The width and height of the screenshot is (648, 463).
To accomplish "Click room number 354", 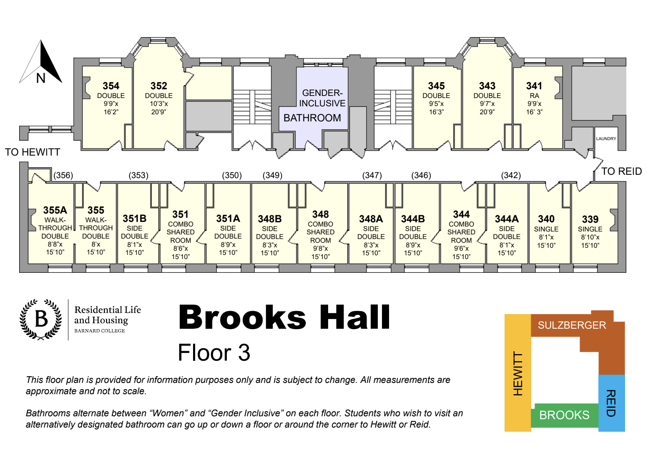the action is click(x=111, y=86).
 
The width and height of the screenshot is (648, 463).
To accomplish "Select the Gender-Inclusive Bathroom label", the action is click(x=315, y=106).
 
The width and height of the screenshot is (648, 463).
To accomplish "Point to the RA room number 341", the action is click(x=534, y=86).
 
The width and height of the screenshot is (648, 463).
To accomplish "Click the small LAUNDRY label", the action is click(x=606, y=138).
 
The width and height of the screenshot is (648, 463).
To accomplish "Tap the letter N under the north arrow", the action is click(x=41, y=78).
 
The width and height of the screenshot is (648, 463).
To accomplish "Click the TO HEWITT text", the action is click(x=33, y=152).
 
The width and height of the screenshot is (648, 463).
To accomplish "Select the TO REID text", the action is click(x=621, y=171).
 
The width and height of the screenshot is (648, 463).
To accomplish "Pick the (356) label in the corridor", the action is click(x=63, y=175).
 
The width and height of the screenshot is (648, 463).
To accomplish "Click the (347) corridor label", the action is click(x=372, y=175).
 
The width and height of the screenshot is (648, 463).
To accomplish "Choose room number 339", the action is click(x=590, y=219).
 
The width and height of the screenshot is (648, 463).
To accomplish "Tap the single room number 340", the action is click(x=546, y=219).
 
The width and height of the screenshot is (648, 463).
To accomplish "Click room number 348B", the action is click(x=270, y=219).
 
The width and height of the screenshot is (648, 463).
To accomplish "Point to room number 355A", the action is click(x=55, y=210).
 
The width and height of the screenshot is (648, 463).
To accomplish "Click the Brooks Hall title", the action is click(x=284, y=317).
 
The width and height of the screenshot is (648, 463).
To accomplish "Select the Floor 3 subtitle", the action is click(x=214, y=352).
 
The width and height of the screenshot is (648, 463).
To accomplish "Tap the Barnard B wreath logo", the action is click(x=41, y=319).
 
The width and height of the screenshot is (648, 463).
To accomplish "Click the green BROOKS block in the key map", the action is click(x=565, y=415).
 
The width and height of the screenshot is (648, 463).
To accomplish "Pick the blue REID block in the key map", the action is click(x=612, y=403).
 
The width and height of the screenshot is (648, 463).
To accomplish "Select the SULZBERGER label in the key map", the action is click(x=572, y=325).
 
